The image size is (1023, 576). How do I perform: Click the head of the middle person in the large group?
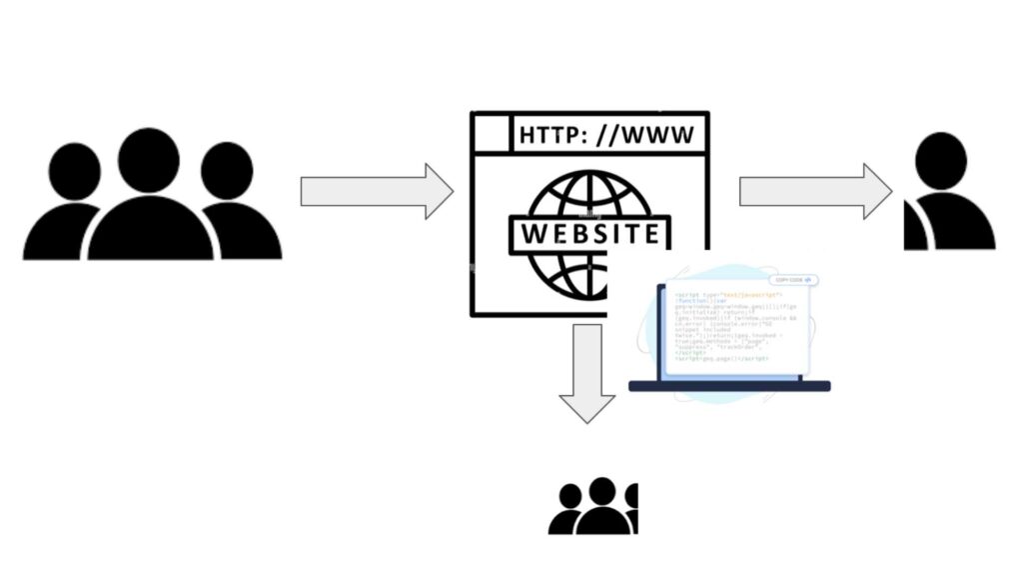(x=148, y=160)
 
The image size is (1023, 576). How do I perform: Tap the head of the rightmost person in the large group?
(x=227, y=170)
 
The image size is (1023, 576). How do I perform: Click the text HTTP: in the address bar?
(x=553, y=135)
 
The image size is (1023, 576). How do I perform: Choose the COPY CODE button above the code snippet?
(x=793, y=280)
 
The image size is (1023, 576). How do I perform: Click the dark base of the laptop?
(x=729, y=386)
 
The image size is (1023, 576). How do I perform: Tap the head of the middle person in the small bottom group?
(x=601, y=490)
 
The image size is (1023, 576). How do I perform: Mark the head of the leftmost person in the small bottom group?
(x=570, y=496)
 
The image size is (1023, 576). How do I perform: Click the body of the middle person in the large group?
(x=150, y=230)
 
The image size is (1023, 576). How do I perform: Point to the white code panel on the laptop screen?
(x=734, y=330)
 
